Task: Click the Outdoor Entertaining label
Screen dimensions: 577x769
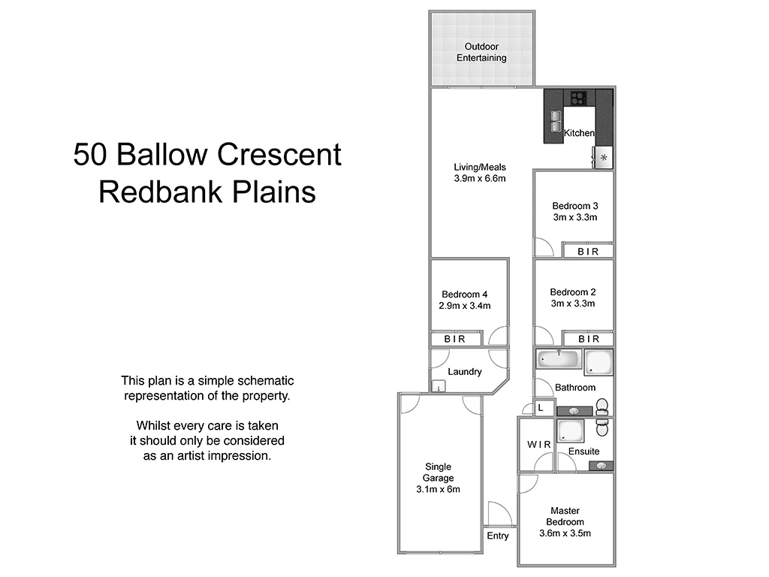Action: click(481, 52)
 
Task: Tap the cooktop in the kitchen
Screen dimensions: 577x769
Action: click(578, 96)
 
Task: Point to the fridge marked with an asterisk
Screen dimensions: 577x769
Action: click(604, 158)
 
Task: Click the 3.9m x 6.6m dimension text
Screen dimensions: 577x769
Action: click(480, 179)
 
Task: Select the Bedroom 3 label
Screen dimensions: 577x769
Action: click(574, 206)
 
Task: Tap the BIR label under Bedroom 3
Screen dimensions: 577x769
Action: click(588, 252)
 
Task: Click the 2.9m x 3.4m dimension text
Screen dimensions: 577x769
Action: click(465, 306)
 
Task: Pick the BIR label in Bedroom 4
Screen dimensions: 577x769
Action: click(454, 340)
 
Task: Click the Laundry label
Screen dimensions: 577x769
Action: click(464, 372)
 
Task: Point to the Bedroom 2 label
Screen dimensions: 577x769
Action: click(573, 292)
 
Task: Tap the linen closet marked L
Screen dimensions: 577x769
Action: click(541, 408)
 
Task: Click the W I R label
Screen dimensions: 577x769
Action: click(538, 445)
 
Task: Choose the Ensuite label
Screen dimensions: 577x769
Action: click(584, 452)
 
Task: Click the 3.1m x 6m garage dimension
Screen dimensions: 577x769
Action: click(438, 489)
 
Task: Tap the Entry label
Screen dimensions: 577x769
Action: click(498, 536)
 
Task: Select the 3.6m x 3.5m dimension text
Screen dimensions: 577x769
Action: click(565, 534)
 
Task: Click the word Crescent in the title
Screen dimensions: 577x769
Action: click(279, 155)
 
